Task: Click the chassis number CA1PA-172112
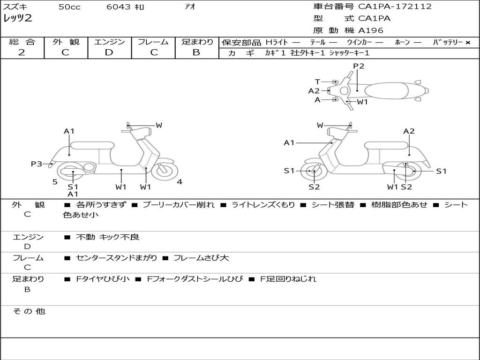coord(395,7)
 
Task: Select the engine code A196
coord(371,30)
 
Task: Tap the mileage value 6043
coord(118,7)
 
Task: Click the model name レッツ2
coord(18,18)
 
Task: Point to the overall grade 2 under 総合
coord(22,52)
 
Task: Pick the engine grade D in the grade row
coord(109,52)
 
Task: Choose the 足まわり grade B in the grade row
coord(196,52)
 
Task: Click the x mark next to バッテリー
coord(468,43)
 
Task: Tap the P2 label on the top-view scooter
coord(359,66)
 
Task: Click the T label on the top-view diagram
coord(317,82)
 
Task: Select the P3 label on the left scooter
coord(37,164)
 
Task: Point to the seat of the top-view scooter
coord(386,91)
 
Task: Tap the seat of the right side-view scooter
coord(387,145)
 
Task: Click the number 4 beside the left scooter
coord(180,182)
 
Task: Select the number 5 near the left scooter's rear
coord(55,182)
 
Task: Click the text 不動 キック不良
coord(107,237)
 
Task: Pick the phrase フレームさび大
coord(201,258)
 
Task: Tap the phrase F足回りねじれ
coord(288,279)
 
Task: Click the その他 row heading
coord(29,311)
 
